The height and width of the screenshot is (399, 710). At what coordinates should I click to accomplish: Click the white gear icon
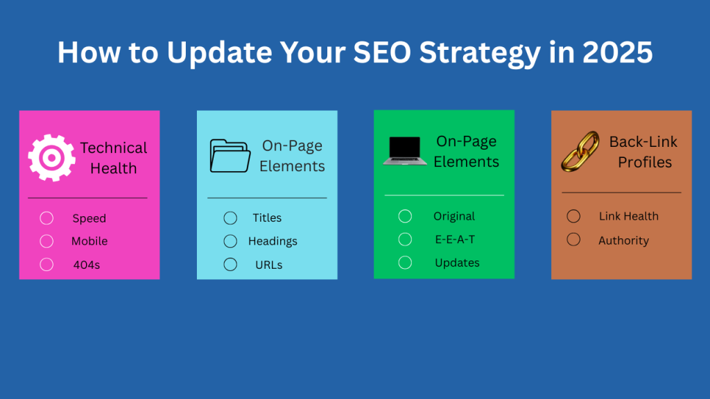click(51, 158)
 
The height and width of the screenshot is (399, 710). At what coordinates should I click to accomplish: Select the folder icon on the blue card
click(230, 156)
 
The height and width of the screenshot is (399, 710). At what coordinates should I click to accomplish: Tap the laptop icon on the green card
click(405, 151)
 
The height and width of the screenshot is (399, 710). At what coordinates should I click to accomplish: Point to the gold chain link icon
click(579, 152)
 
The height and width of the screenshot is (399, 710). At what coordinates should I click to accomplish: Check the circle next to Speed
click(46, 218)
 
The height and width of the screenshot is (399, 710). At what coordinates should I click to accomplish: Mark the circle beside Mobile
click(46, 241)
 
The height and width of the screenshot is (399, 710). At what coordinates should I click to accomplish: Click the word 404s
click(87, 265)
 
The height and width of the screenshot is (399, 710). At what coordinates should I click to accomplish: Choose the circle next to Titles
click(230, 218)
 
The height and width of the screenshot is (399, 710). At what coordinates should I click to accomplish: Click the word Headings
click(272, 241)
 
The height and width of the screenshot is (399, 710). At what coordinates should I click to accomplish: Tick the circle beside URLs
click(230, 265)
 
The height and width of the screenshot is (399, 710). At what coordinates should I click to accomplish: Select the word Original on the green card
click(454, 216)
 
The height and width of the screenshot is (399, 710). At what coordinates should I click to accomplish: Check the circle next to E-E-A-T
click(405, 239)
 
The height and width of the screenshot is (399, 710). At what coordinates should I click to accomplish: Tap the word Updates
click(457, 263)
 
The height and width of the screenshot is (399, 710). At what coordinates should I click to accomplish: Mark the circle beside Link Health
click(573, 216)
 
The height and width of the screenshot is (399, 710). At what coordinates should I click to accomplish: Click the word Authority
click(623, 240)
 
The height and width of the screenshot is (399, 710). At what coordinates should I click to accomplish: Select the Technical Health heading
click(114, 158)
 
